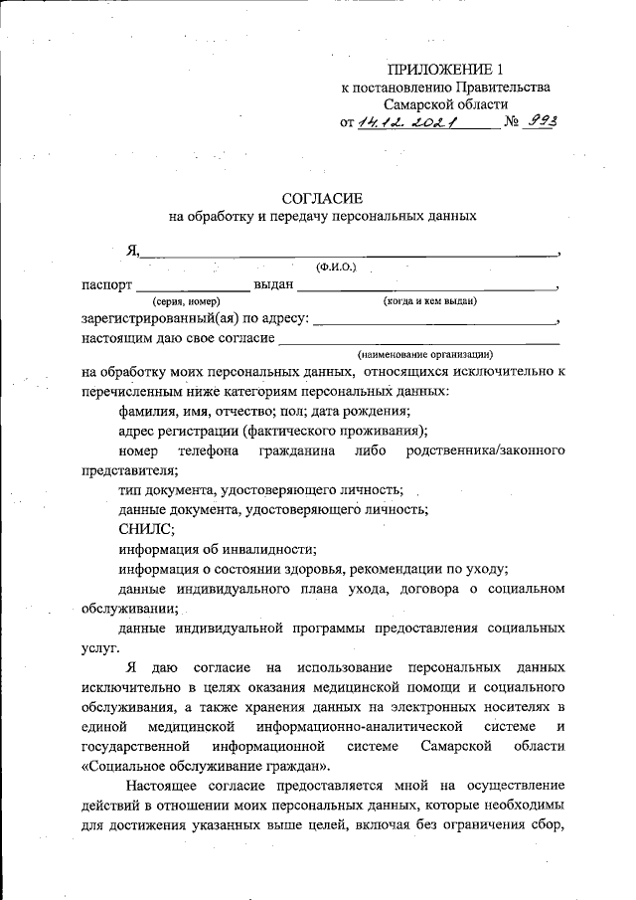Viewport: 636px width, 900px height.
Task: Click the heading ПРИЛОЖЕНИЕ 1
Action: click(446, 69)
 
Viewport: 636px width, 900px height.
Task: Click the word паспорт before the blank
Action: click(107, 285)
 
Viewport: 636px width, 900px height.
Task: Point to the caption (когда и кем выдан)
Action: click(430, 300)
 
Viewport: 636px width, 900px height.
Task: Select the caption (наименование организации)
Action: click(425, 354)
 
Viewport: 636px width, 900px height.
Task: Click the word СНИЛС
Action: click(145, 529)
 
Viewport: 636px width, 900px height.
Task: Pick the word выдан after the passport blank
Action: click(274, 285)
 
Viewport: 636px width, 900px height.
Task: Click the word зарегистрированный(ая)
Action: click(160, 319)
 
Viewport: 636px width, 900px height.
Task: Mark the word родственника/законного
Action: click(486, 450)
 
